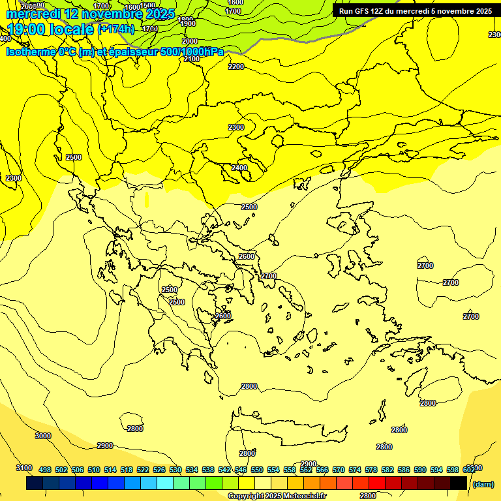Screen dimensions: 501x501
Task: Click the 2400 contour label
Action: pos(239,168)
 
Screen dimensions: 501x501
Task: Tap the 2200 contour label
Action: pos(236,67)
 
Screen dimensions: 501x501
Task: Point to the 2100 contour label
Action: pos(192,59)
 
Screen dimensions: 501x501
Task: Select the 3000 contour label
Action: pos(43,436)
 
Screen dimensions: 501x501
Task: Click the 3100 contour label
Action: pos(23,468)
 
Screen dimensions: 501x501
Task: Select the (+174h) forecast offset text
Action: pos(116,29)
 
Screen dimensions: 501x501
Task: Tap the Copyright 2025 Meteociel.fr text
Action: pos(277,496)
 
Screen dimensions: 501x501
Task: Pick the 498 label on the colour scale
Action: pos(45,470)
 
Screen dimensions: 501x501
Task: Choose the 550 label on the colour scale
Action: pos(257,470)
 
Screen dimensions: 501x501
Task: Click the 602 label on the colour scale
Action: pos(469,470)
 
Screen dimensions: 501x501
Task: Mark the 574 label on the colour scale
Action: pos(355,470)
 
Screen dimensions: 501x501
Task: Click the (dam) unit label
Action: pos(483,484)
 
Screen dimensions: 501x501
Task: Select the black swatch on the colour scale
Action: pos(459,483)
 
